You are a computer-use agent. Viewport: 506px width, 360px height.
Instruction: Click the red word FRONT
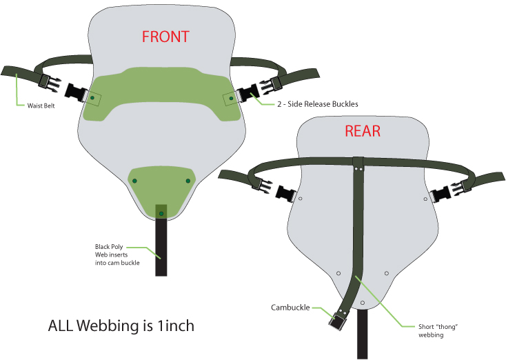pos(165,36)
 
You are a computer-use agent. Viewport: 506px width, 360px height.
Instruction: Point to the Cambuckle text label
pos(290,308)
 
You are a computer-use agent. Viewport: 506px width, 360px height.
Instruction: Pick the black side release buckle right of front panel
pos(246,92)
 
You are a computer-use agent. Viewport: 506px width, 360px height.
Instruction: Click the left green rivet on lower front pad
pos(135,181)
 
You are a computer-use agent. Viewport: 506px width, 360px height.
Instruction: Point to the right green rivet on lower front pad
pos(188,181)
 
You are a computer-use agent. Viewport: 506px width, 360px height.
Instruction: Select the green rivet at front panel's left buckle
pos(92,99)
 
